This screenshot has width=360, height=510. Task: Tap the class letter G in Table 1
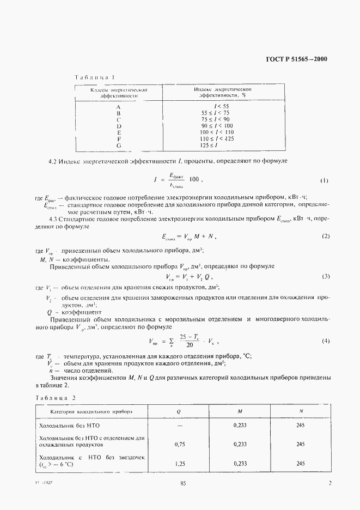coord(118,145)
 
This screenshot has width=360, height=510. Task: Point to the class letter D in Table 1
coord(118,126)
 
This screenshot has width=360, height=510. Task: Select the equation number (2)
coord(326,236)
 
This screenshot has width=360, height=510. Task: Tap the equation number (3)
coord(326,277)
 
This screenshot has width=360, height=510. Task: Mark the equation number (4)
coord(326,341)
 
